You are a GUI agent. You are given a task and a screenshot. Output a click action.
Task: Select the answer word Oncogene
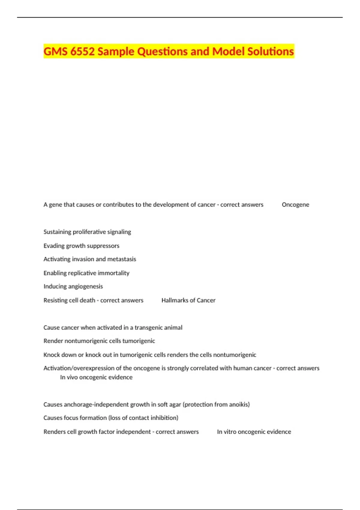(x=295, y=205)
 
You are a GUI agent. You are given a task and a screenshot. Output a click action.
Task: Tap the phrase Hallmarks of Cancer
(x=188, y=300)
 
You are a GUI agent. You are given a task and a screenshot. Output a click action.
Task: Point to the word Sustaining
(x=57, y=232)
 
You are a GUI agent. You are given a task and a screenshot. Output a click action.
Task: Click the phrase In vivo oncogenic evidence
(x=96, y=377)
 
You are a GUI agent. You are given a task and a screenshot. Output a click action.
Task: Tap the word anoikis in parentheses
(x=239, y=404)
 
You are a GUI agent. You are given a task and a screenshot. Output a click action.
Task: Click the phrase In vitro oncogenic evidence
(x=254, y=432)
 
